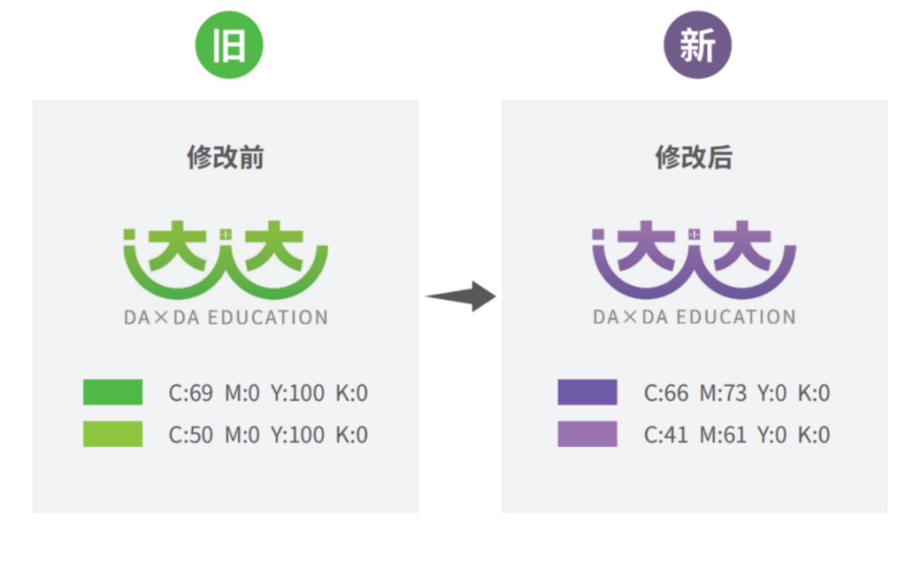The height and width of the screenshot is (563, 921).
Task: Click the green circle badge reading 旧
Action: [x=229, y=45]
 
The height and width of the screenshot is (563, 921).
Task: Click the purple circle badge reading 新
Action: [x=698, y=45]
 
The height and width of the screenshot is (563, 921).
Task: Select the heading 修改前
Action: [x=225, y=158]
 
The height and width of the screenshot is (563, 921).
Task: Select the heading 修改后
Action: [x=693, y=158]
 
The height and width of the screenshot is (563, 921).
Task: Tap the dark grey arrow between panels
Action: [x=461, y=296]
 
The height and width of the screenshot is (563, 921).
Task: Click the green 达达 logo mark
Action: [x=226, y=258]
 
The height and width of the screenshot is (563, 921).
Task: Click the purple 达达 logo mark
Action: [x=694, y=258]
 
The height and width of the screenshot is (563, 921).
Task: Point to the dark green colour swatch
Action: [x=113, y=392]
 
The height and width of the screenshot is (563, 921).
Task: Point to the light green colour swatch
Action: [x=113, y=434]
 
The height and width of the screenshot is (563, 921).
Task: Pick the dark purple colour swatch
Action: [x=588, y=392]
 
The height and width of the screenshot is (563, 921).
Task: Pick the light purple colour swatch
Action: [x=588, y=434]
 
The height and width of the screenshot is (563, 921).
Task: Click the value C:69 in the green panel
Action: [x=190, y=393]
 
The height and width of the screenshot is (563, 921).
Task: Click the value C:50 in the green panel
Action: [x=190, y=435]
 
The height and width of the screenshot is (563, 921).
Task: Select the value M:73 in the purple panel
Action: [x=722, y=393]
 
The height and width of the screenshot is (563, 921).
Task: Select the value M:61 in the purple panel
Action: [x=722, y=435]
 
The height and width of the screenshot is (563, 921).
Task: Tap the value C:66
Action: [x=666, y=393]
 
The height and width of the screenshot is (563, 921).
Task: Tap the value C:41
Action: [x=666, y=435]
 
